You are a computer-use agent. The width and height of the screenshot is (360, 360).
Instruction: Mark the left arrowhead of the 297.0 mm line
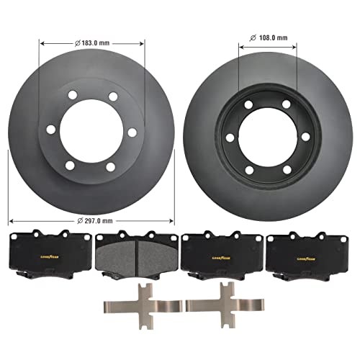tap(10, 221)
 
